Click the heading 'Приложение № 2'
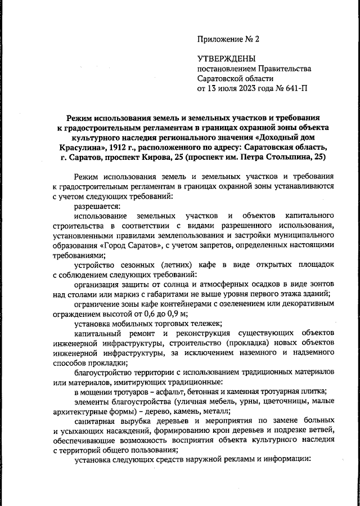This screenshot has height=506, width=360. (228, 39)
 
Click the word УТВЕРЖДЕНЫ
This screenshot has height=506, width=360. (226, 59)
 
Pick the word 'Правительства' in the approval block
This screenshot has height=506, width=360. (281, 69)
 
